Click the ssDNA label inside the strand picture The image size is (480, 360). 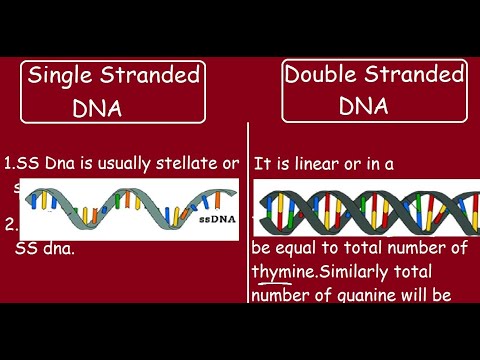pyautogui.click(x=216, y=217)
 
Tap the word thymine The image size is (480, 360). pyautogui.click(x=280, y=271)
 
